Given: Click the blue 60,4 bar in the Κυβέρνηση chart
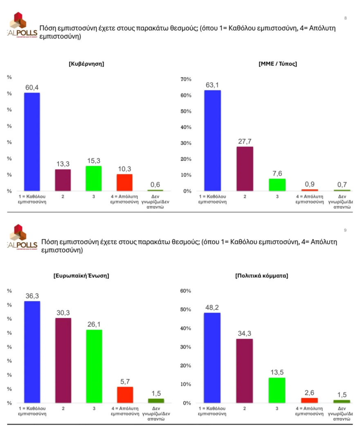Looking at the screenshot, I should pos(32,142).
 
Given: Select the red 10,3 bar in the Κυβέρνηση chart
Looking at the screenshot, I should pos(125,182).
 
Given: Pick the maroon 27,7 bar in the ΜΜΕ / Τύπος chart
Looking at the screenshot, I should pos(245,169).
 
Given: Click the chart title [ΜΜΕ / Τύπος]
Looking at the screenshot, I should pos(278,64).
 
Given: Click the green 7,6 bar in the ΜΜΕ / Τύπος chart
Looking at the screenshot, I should pos(277,184).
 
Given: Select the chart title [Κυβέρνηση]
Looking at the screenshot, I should pos(86,64).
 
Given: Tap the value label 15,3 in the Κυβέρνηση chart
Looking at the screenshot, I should pos(94,161).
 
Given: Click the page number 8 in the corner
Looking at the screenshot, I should pos(346,18).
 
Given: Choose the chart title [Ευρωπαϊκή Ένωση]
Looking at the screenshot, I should pos(81,276).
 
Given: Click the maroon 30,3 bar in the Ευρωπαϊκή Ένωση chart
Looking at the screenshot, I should pos(63,360).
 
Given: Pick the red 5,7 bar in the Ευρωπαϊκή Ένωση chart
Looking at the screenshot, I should pos(125,395).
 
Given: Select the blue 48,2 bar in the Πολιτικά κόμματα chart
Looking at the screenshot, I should pos(213,358).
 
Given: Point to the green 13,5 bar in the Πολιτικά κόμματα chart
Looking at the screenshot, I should pos(277,390).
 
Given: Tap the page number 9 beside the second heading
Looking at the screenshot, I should pos(345,230).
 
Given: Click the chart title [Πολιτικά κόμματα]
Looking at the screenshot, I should pos(262,276).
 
